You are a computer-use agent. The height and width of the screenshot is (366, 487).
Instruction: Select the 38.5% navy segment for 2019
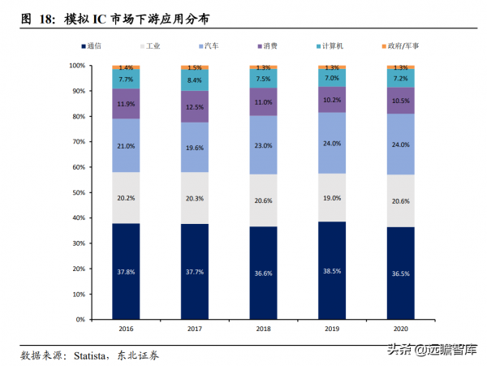click(x=332, y=270)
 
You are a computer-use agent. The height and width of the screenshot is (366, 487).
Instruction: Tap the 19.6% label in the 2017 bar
click(x=195, y=147)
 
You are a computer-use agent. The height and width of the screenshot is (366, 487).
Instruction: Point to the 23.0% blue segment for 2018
click(x=263, y=144)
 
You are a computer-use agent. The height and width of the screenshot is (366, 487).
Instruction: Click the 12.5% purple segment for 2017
click(x=195, y=107)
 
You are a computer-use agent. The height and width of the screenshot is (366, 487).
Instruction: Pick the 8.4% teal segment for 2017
click(x=195, y=80)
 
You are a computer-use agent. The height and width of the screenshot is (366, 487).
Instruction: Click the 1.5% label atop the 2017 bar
click(x=195, y=67)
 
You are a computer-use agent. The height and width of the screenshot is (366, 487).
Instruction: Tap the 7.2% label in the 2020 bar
click(x=400, y=79)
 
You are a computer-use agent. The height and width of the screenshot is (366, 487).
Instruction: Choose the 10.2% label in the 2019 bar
click(x=332, y=100)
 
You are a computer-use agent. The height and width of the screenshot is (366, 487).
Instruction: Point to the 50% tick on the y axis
click(x=78, y=192)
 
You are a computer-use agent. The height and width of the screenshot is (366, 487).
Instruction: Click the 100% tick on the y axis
click(x=76, y=65)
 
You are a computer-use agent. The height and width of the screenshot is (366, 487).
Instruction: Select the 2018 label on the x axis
click(x=263, y=329)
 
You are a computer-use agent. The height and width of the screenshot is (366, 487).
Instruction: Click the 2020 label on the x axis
click(x=400, y=329)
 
